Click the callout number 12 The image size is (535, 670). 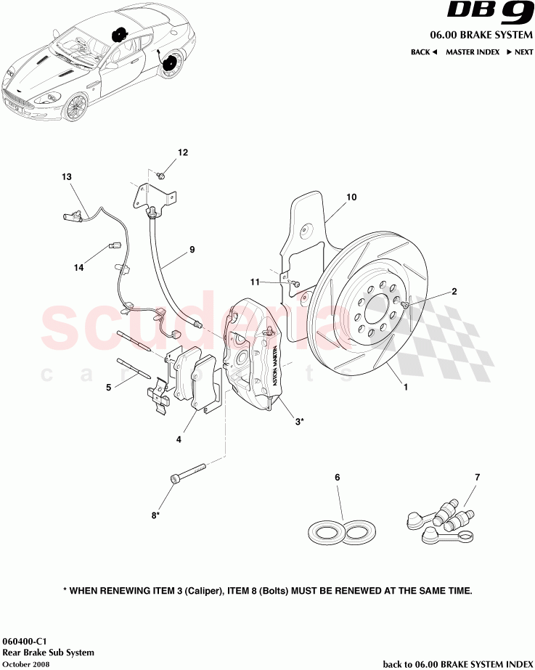(x=183, y=152)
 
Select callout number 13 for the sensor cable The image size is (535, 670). (x=67, y=177)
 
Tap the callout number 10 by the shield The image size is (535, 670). (x=351, y=197)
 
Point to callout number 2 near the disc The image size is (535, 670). (x=454, y=292)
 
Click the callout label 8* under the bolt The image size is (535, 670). (x=155, y=516)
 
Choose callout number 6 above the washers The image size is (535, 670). (x=338, y=478)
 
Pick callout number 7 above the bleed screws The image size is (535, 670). (x=477, y=478)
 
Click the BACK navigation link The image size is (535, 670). (x=423, y=52)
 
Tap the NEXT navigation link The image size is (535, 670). (x=520, y=52)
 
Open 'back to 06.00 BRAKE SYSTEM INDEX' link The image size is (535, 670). (x=457, y=663)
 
